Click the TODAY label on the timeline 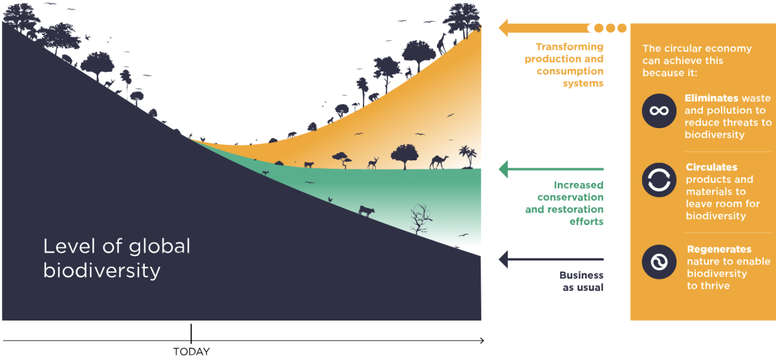coord(191,352)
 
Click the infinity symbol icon coord(659,111)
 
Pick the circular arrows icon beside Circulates coord(659,180)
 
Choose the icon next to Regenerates coord(659,262)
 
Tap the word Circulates coord(711,167)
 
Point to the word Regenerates coord(719,249)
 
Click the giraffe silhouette coord(442,44)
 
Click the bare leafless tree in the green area coord(420,220)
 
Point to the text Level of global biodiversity coord(116,258)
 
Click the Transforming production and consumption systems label coord(570,65)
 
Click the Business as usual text coord(581,281)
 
